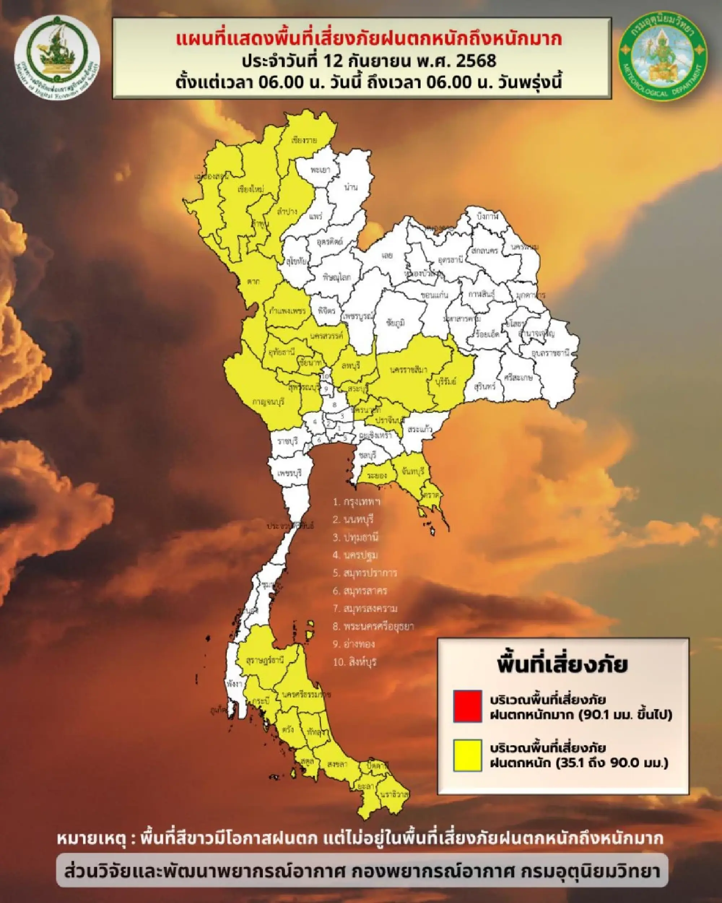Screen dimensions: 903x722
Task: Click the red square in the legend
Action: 467,706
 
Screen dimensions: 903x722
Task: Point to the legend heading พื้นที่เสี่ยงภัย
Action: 562,665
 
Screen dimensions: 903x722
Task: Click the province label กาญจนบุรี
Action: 268,401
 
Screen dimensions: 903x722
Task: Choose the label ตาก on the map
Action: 253,282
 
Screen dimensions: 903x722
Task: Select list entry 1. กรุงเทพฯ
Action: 357,502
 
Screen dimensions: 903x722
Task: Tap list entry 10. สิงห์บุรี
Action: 355,663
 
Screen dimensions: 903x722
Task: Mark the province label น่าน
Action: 350,187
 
